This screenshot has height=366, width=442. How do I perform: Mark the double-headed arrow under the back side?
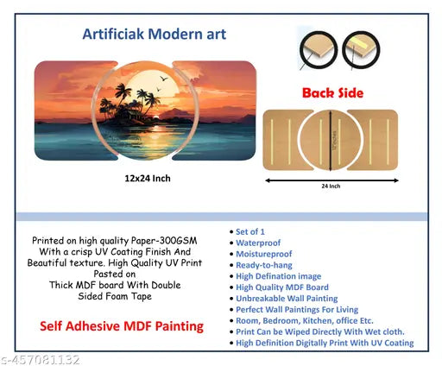coord(331,181)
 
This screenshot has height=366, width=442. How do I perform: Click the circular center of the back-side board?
coord(331,139)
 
